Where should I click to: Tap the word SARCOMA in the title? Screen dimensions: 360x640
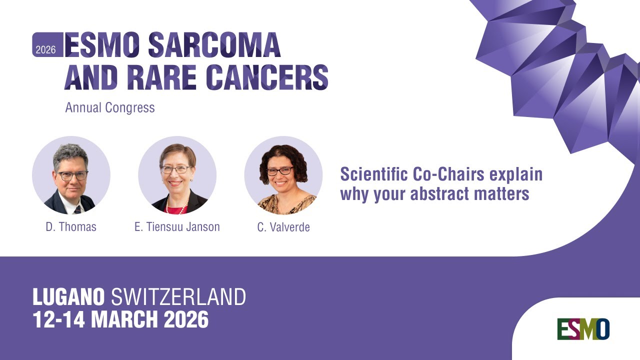(214, 45)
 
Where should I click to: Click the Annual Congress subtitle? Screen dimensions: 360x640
(110, 107)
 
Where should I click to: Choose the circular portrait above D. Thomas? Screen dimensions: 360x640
(71, 175)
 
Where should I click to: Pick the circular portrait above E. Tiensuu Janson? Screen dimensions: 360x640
(177, 175)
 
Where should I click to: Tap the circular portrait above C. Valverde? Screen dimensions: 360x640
(283, 175)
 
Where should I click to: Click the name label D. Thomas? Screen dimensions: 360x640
(71, 227)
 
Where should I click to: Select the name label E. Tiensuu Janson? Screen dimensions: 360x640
(177, 227)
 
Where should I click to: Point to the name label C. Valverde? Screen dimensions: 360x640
(283, 227)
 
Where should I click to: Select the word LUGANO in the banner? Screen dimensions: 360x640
(68, 297)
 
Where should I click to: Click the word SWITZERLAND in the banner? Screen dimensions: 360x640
(178, 297)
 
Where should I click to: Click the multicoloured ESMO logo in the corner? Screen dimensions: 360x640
(583, 329)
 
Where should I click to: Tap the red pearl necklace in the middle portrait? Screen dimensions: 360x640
(176, 206)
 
